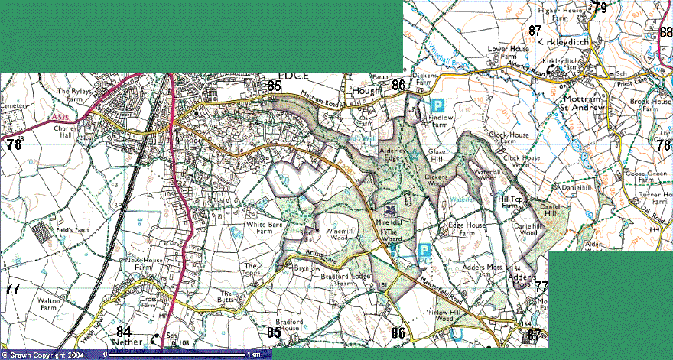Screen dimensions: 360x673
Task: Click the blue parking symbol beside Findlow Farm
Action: (x=438, y=105)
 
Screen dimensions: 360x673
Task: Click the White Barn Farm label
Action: (x=260, y=229)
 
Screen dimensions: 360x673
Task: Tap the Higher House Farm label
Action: (x=562, y=15)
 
